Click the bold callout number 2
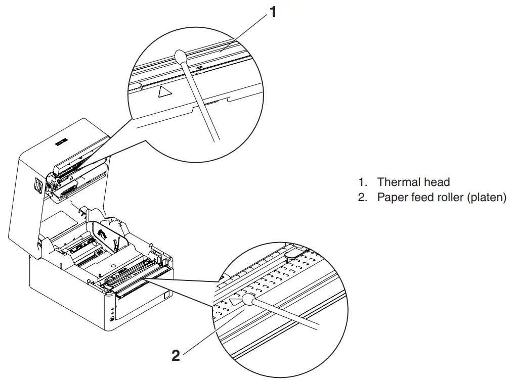(x=176, y=356)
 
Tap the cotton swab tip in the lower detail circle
(x=248, y=301)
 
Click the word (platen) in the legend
(x=486, y=198)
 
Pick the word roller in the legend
(x=449, y=198)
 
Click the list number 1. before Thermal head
(x=363, y=182)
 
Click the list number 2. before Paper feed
(x=363, y=198)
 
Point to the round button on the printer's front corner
(x=111, y=318)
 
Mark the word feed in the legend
(x=423, y=198)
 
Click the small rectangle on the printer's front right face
(x=167, y=293)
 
